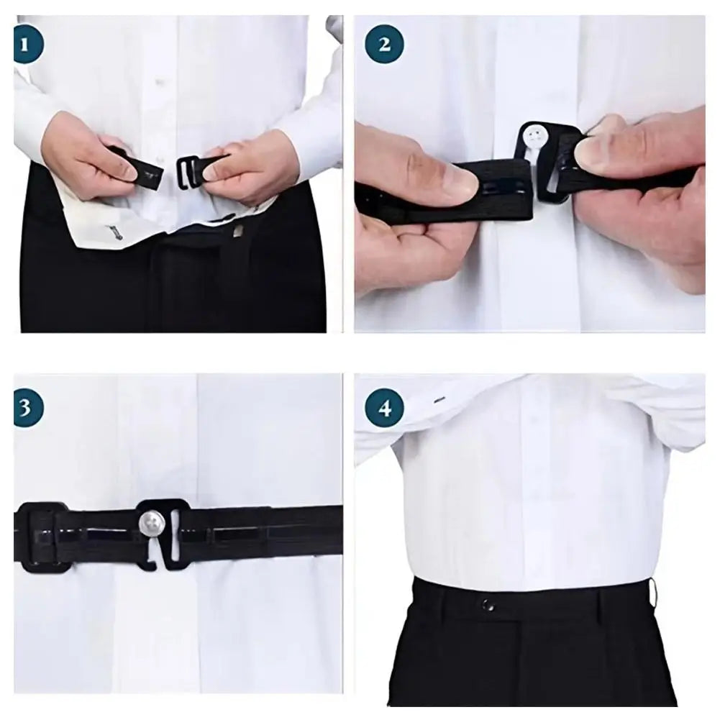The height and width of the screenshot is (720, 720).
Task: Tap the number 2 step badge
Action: coord(384,45)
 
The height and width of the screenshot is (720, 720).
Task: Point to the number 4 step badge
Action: coord(384,409)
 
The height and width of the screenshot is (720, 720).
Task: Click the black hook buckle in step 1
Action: coord(188,170)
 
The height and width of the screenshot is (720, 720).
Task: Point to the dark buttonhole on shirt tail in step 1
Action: coord(113,232)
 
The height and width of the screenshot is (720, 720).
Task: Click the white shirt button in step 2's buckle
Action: coord(533,134)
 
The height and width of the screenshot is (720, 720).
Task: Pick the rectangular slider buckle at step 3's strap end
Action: coord(42,537)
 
